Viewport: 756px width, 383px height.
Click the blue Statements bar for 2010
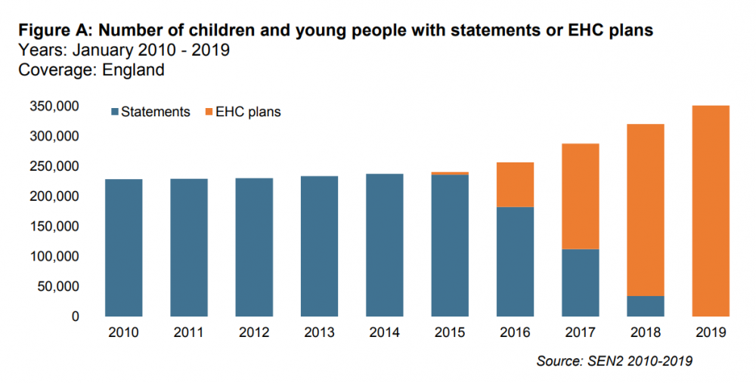(x=123, y=248)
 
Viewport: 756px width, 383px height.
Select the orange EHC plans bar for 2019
(x=711, y=211)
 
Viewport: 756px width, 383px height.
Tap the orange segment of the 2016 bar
(x=515, y=184)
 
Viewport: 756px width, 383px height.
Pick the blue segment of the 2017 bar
(x=580, y=283)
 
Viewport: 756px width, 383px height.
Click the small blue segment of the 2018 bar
(x=646, y=306)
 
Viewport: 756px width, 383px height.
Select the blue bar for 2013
(x=319, y=246)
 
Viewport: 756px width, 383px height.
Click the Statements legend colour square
(x=115, y=112)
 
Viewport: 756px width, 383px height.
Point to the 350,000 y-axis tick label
(x=54, y=107)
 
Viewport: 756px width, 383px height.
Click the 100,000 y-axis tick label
(x=54, y=257)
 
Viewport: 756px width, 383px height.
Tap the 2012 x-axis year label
(x=253, y=332)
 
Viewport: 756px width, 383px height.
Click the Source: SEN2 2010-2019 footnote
(x=614, y=361)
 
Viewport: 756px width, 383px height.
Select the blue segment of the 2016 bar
(x=515, y=261)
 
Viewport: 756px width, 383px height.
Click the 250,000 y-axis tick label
(x=54, y=166)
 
